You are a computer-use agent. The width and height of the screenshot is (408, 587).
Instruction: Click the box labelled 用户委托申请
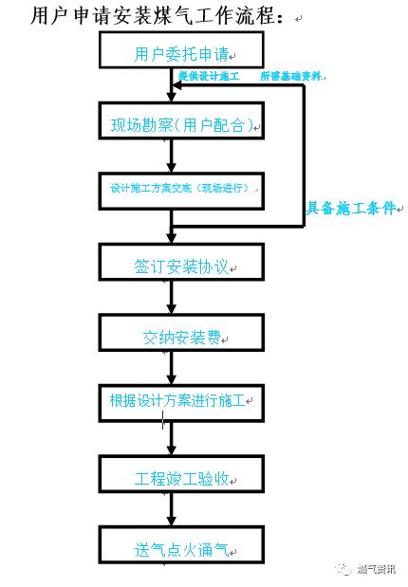point(172,54)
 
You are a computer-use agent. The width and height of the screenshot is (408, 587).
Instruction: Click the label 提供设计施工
point(210,76)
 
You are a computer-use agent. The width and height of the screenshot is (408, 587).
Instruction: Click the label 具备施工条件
point(350,209)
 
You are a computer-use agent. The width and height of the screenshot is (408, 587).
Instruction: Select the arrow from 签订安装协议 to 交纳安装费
point(172,301)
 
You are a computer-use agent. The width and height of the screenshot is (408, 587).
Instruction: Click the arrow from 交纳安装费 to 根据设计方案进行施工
point(172,369)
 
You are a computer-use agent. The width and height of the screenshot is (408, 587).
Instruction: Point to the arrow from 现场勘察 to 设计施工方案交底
point(172,156)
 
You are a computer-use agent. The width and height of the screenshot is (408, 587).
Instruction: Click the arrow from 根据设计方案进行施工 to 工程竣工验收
point(172,438)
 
